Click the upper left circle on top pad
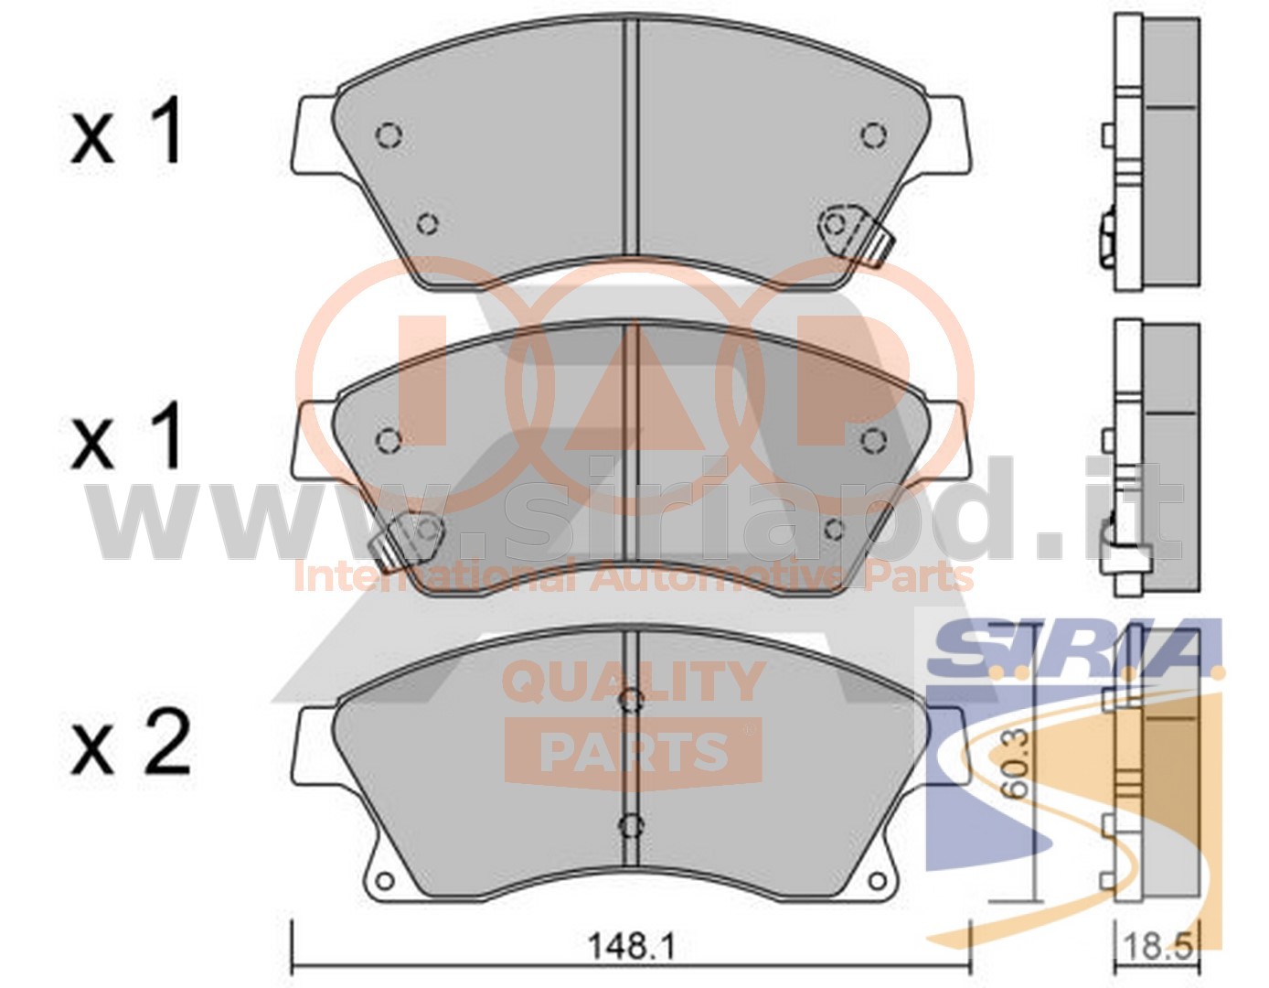click(389, 136)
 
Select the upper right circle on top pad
click(874, 136)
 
